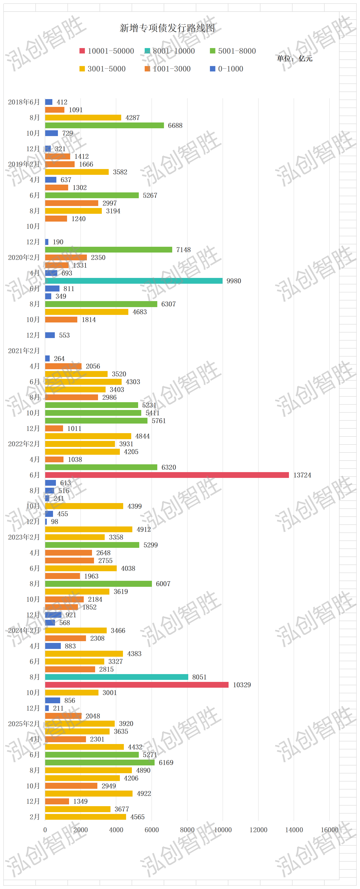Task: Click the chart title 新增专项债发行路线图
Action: click(x=167, y=28)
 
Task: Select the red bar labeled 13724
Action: click(x=167, y=475)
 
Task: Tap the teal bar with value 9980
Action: click(x=134, y=281)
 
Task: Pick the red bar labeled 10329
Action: click(x=137, y=685)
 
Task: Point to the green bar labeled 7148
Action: click(x=108, y=249)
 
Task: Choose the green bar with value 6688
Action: click(x=104, y=125)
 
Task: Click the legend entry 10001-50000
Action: click(x=107, y=51)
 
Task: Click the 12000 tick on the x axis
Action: click(x=258, y=830)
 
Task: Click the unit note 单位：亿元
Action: click(x=295, y=59)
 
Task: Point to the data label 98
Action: click(x=55, y=522)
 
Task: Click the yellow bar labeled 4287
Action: click(x=83, y=118)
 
